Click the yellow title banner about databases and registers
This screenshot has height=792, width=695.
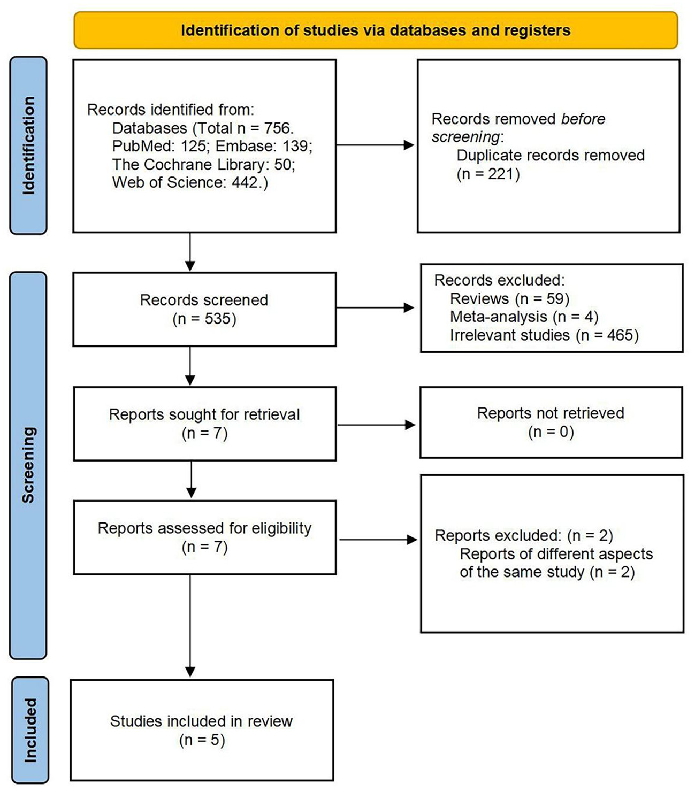[376, 30]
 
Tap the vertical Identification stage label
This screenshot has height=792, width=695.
[28, 145]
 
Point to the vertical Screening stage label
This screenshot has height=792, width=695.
[28, 465]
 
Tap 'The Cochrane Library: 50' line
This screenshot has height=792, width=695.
[203, 164]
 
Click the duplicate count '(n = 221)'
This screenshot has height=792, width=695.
[488, 174]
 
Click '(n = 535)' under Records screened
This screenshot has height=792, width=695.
[204, 319]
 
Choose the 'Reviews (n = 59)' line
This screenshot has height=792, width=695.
[509, 298]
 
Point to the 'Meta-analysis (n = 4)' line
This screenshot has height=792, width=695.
[524, 317]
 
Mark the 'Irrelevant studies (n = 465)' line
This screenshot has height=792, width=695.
[544, 335]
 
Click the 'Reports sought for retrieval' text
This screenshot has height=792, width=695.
[204, 414]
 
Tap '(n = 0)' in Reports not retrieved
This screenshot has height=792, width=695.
[551, 432]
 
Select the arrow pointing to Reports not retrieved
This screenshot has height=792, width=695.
[377, 425]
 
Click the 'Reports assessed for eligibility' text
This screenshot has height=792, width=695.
[204, 528]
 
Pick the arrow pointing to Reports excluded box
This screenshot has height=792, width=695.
[378, 540]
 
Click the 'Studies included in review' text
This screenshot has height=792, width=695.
[201, 721]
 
